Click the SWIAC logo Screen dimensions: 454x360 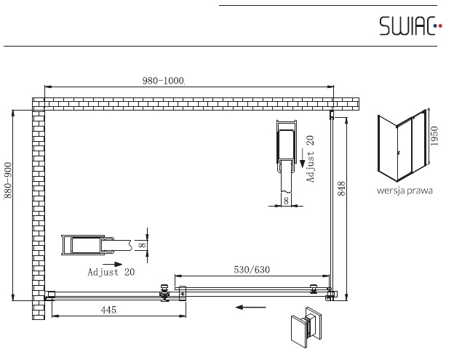point(410,25)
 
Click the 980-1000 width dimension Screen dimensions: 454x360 point(163,81)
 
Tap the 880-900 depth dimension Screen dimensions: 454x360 point(8,180)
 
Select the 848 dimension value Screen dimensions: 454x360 point(342,188)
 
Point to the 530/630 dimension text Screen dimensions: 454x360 point(252,270)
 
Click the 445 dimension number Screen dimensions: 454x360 point(109,310)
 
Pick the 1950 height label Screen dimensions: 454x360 point(434,136)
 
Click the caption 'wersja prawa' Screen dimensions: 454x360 point(405,191)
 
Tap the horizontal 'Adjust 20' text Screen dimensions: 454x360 point(111,272)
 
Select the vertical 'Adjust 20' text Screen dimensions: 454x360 point(310,159)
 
